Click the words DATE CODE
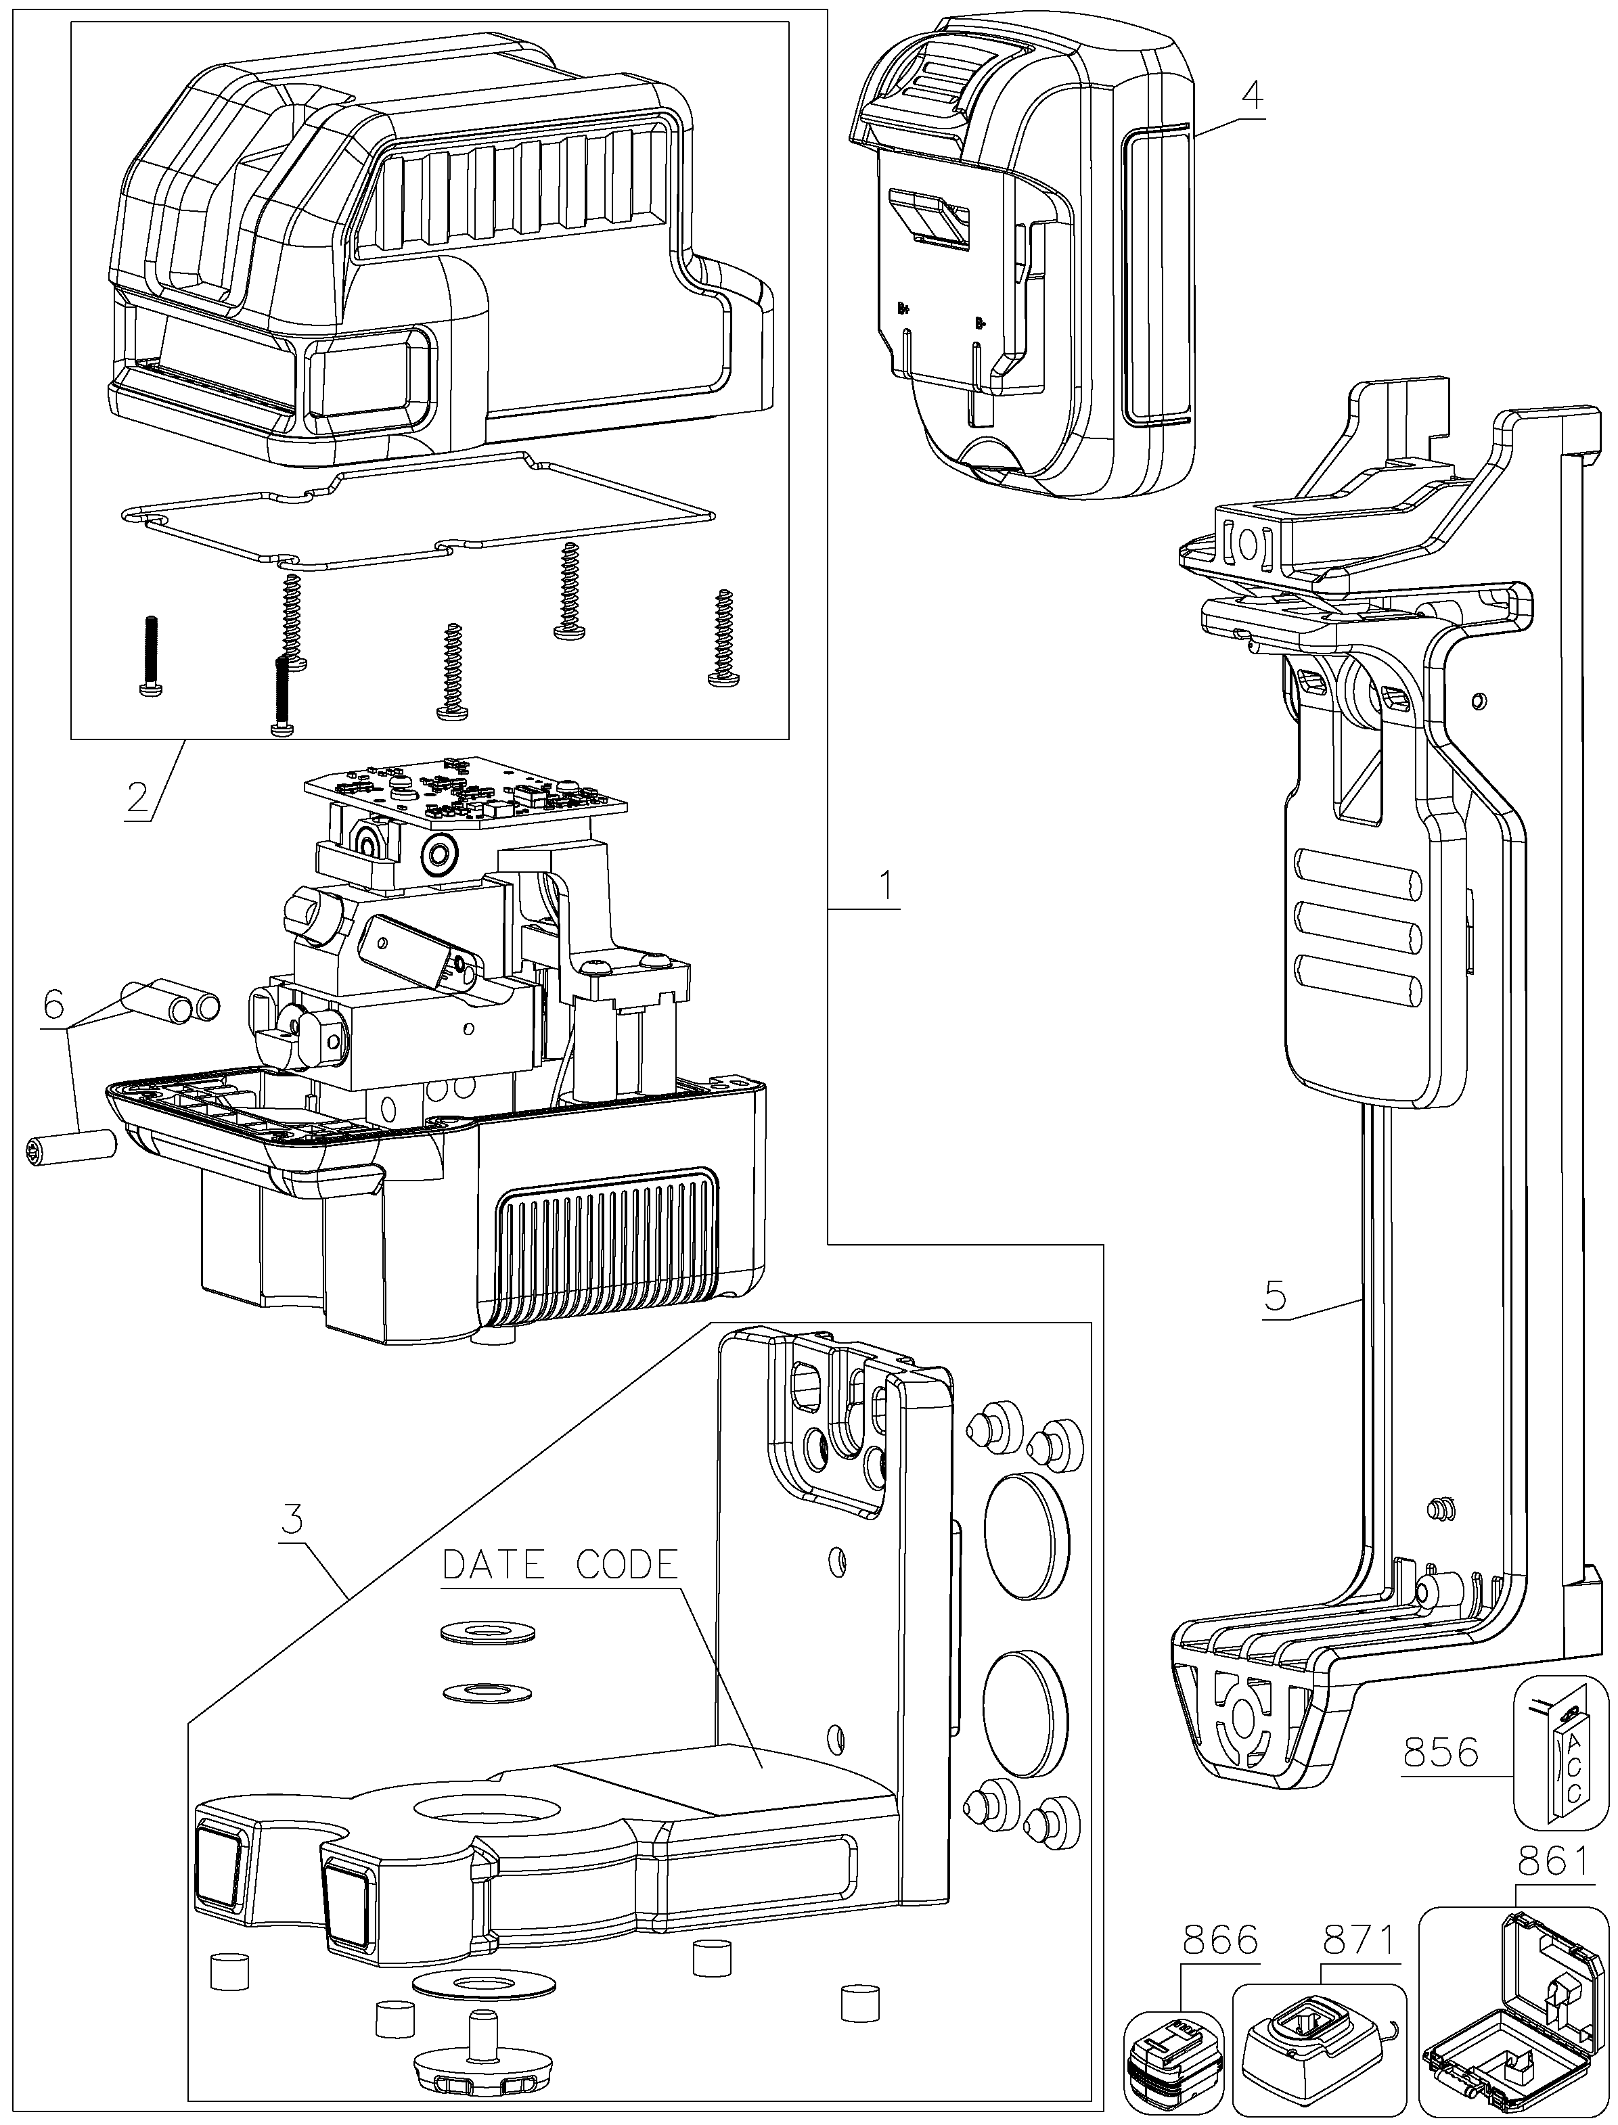coord(560,1565)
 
